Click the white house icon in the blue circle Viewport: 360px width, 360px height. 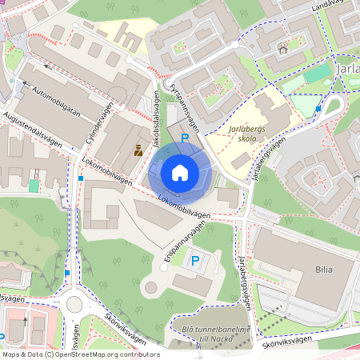click(x=180, y=172)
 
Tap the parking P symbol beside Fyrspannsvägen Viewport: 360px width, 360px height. click(x=185, y=139)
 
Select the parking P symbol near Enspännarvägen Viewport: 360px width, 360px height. click(x=194, y=260)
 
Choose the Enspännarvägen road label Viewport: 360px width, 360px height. click(x=180, y=238)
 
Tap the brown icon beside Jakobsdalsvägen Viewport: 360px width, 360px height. click(x=138, y=150)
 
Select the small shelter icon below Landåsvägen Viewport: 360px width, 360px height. click(x=282, y=50)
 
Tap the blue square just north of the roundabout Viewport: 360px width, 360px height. click(x=67, y=273)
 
